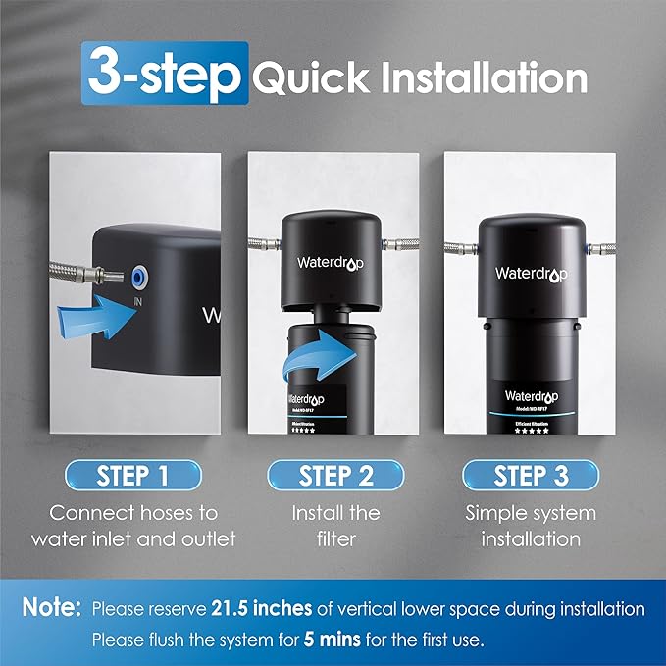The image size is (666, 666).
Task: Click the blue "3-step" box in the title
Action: pos(162,74)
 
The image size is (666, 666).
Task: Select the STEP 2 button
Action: pos(335,476)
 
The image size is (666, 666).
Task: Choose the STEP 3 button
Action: pos(531,476)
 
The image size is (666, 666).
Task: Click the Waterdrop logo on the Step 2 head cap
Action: pos(331,262)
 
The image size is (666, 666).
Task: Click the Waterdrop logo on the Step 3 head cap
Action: pos(531,274)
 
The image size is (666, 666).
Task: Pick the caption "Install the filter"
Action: pos(335,525)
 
